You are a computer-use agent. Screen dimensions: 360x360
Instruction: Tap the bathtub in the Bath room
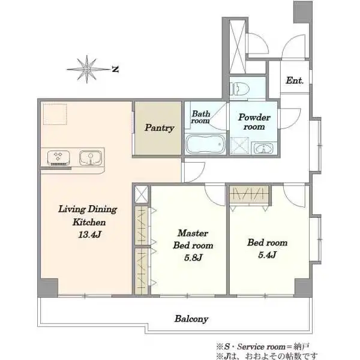(x=205, y=144)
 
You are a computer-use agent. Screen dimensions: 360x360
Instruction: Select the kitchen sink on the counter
(x=90, y=158)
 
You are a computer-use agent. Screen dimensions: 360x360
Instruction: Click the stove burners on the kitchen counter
(x=59, y=158)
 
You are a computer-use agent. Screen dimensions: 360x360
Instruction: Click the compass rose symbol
(x=88, y=69)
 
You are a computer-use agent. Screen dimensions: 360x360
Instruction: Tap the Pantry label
(x=160, y=128)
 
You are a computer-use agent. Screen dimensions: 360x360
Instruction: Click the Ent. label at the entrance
(x=295, y=80)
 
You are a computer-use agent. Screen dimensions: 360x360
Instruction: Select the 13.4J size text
(x=90, y=235)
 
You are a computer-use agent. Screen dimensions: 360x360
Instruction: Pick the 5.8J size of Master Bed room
(x=193, y=257)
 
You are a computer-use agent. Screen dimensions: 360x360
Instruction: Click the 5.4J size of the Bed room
(x=267, y=255)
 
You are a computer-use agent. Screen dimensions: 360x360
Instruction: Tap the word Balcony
(x=191, y=319)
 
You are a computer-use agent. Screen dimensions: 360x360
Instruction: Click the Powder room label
(x=254, y=122)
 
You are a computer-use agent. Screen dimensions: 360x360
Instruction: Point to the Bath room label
(x=200, y=117)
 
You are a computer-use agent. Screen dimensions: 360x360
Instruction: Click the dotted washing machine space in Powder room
(x=239, y=146)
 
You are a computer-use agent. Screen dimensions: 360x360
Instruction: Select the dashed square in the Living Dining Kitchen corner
(x=55, y=114)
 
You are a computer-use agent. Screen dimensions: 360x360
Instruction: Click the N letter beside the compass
(x=115, y=69)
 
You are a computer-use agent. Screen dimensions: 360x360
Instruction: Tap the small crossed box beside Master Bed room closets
(x=141, y=194)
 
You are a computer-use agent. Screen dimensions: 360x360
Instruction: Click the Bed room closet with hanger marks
(x=250, y=194)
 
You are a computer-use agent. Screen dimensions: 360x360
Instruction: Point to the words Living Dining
(x=88, y=209)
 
